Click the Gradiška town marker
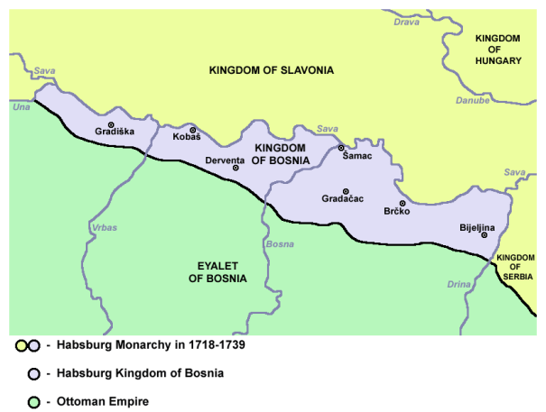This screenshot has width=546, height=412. (x=111, y=124)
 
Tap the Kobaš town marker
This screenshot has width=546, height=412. (x=192, y=130)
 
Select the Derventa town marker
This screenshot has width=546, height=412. (x=236, y=168)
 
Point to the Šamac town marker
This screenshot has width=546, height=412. (x=341, y=148)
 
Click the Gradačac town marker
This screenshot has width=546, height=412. (x=346, y=191)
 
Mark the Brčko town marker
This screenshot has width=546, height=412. (x=403, y=204)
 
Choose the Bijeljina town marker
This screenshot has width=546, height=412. (x=485, y=235)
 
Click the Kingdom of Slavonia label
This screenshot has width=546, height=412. (x=271, y=70)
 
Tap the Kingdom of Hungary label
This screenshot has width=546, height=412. (x=497, y=50)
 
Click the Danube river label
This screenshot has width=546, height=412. (x=473, y=101)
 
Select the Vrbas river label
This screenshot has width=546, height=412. (x=105, y=228)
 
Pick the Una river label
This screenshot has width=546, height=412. (x=21, y=107)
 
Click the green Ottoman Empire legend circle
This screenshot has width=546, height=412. (x=33, y=399)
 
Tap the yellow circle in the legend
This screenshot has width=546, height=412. (x=21, y=345)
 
